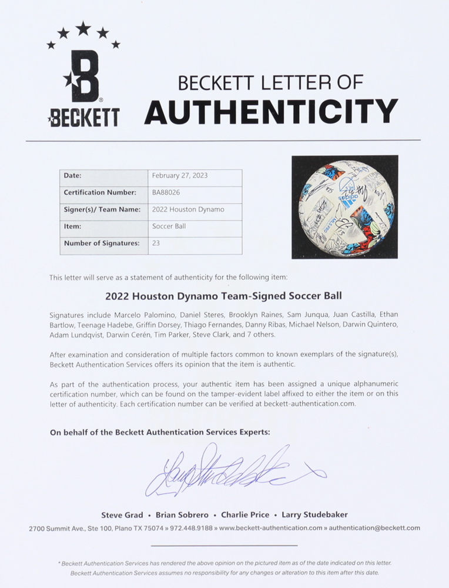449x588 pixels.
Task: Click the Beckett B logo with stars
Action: (x=83, y=76)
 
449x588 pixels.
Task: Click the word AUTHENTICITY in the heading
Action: (x=271, y=111)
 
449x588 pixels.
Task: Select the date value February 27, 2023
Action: (x=180, y=175)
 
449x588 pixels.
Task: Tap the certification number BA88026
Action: (x=165, y=192)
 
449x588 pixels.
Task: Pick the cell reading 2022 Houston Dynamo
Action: (x=188, y=209)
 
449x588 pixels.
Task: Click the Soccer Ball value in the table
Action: (x=169, y=226)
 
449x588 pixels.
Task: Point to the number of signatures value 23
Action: (x=156, y=242)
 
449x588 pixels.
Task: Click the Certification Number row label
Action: (x=100, y=192)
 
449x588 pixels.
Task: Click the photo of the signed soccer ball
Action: (x=344, y=207)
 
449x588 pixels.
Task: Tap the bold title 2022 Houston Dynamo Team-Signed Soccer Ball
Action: (x=223, y=296)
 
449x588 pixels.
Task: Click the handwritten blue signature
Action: (x=229, y=470)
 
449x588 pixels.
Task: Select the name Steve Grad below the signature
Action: (x=122, y=515)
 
